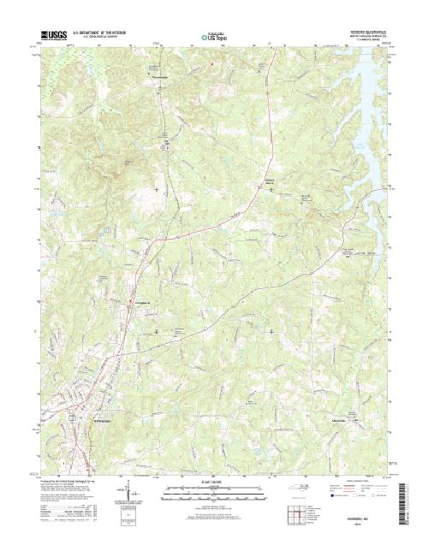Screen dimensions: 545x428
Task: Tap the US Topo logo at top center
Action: coord(213,37)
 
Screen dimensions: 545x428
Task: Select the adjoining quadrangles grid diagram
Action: coord(295,515)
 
